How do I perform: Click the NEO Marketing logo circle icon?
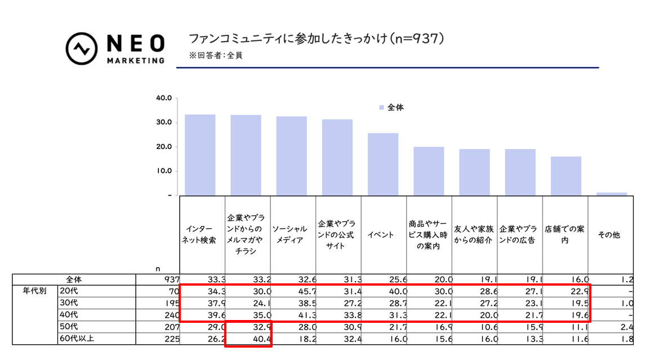(83, 48)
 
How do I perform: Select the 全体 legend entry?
(391, 107)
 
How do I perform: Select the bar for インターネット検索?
(200, 155)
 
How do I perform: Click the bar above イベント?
(383, 164)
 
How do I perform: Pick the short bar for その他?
(611, 194)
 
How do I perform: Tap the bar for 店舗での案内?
(566, 176)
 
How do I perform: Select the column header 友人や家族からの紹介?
(474, 235)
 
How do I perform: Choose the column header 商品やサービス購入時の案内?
(429, 235)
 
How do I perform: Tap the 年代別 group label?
(34, 292)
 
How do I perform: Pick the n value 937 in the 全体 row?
(171, 279)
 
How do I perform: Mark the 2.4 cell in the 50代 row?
(626, 327)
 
